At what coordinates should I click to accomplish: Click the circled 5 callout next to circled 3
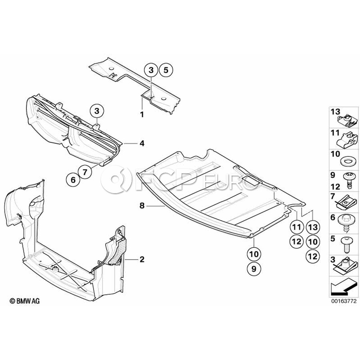tap(166, 70)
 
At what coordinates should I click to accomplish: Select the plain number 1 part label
tap(142, 114)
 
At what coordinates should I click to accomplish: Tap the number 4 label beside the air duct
tap(142, 144)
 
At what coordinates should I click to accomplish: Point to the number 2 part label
tap(142, 260)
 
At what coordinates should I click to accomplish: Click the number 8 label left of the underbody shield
tap(142, 206)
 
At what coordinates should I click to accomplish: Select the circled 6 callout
tap(73, 180)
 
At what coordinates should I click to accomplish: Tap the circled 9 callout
tap(254, 268)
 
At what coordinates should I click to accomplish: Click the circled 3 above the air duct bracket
tap(97, 112)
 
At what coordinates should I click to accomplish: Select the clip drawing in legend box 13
tap(347, 121)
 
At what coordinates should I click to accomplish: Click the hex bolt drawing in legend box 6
tap(345, 224)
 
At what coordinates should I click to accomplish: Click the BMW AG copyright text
tap(25, 301)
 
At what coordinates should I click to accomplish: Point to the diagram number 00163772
tap(344, 301)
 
